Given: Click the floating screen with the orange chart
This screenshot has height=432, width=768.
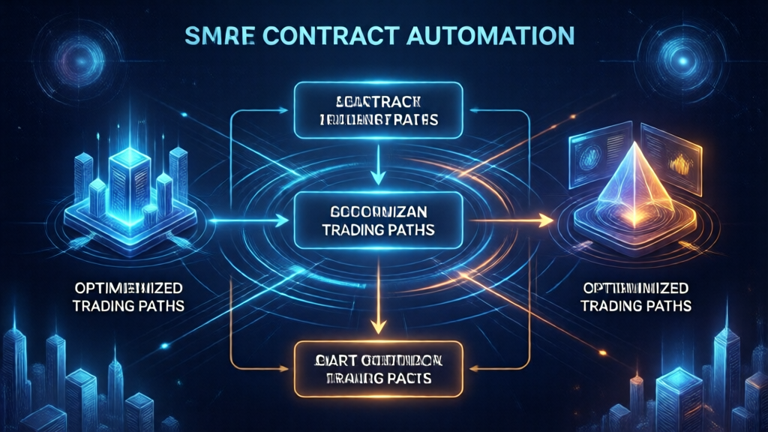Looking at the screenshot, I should coord(670,157).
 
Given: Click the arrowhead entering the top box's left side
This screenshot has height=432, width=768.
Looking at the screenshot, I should coord(287,113).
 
